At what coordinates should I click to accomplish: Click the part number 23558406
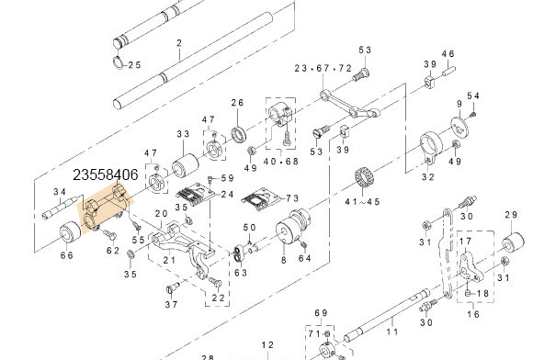106,174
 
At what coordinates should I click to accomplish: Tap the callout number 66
66,255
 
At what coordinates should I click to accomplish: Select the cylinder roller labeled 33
185,164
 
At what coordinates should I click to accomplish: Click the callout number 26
237,102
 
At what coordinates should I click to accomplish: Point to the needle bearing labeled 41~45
365,177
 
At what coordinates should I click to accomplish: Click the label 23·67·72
323,68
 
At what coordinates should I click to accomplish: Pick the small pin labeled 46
448,71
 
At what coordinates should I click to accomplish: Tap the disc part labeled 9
459,126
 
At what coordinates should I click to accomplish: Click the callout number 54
473,96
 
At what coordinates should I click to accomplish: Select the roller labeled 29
515,242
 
